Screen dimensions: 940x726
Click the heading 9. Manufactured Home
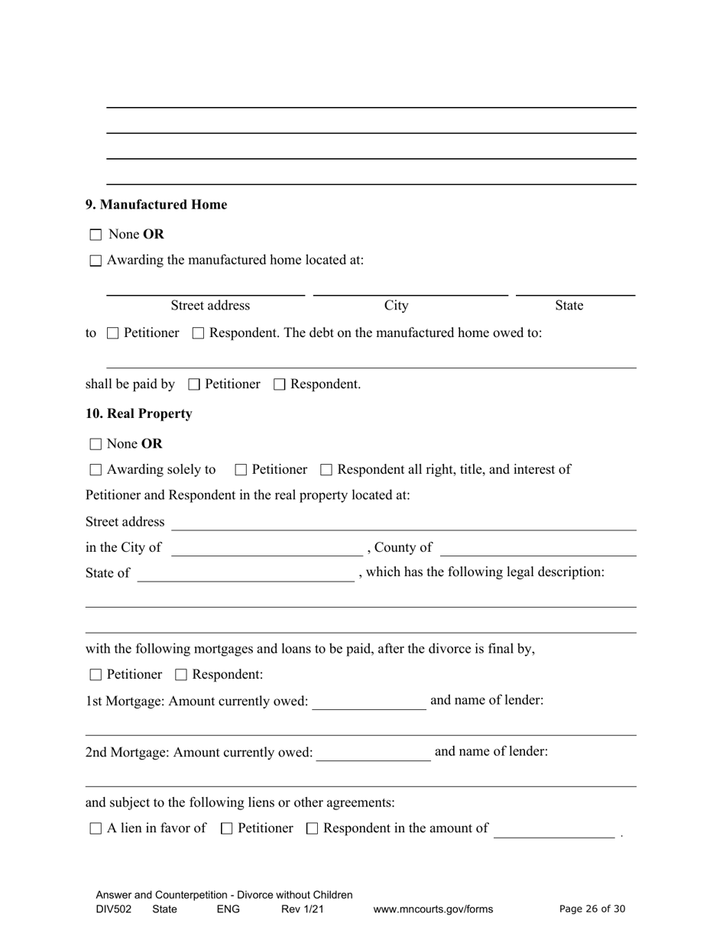pos(156,205)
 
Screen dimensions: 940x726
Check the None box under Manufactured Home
pos(96,235)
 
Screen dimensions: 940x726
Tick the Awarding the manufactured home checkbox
pos(96,261)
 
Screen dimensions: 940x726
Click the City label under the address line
pos(396,306)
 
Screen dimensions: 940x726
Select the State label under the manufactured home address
pos(569,306)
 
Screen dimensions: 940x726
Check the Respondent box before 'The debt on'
pos(199,333)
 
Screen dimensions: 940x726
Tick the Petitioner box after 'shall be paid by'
pos(193,384)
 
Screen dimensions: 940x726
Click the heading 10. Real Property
pos(139,413)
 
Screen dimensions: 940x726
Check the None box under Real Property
pos(96,444)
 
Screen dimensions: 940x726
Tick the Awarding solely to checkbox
pos(96,470)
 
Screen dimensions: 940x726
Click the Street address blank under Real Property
pos(404,523)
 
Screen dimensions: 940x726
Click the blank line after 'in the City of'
pos(267,548)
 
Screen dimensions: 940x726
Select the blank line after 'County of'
pos(538,548)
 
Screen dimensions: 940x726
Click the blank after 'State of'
pos(245,574)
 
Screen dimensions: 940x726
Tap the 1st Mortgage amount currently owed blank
pos(369,702)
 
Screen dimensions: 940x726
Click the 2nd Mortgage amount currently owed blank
pos(373,754)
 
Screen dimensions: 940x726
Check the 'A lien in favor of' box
pos(96,828)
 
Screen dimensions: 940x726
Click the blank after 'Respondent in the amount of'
pos(554,830)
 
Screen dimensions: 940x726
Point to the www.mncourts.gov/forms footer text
pos(433,909)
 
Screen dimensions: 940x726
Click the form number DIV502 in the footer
pos(114,909)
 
